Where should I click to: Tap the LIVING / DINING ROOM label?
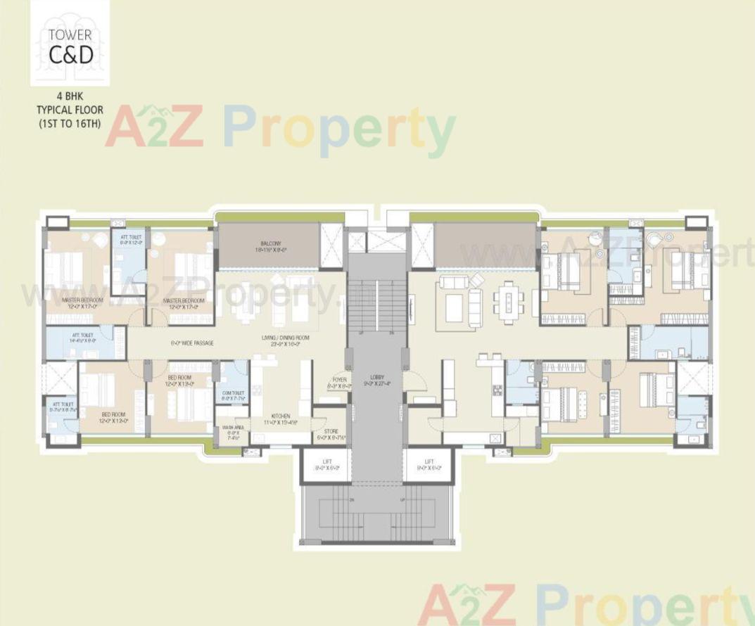281,340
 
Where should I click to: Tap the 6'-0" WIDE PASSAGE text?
192,343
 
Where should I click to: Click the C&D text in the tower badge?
70,54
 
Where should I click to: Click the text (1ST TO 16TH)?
70,123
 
